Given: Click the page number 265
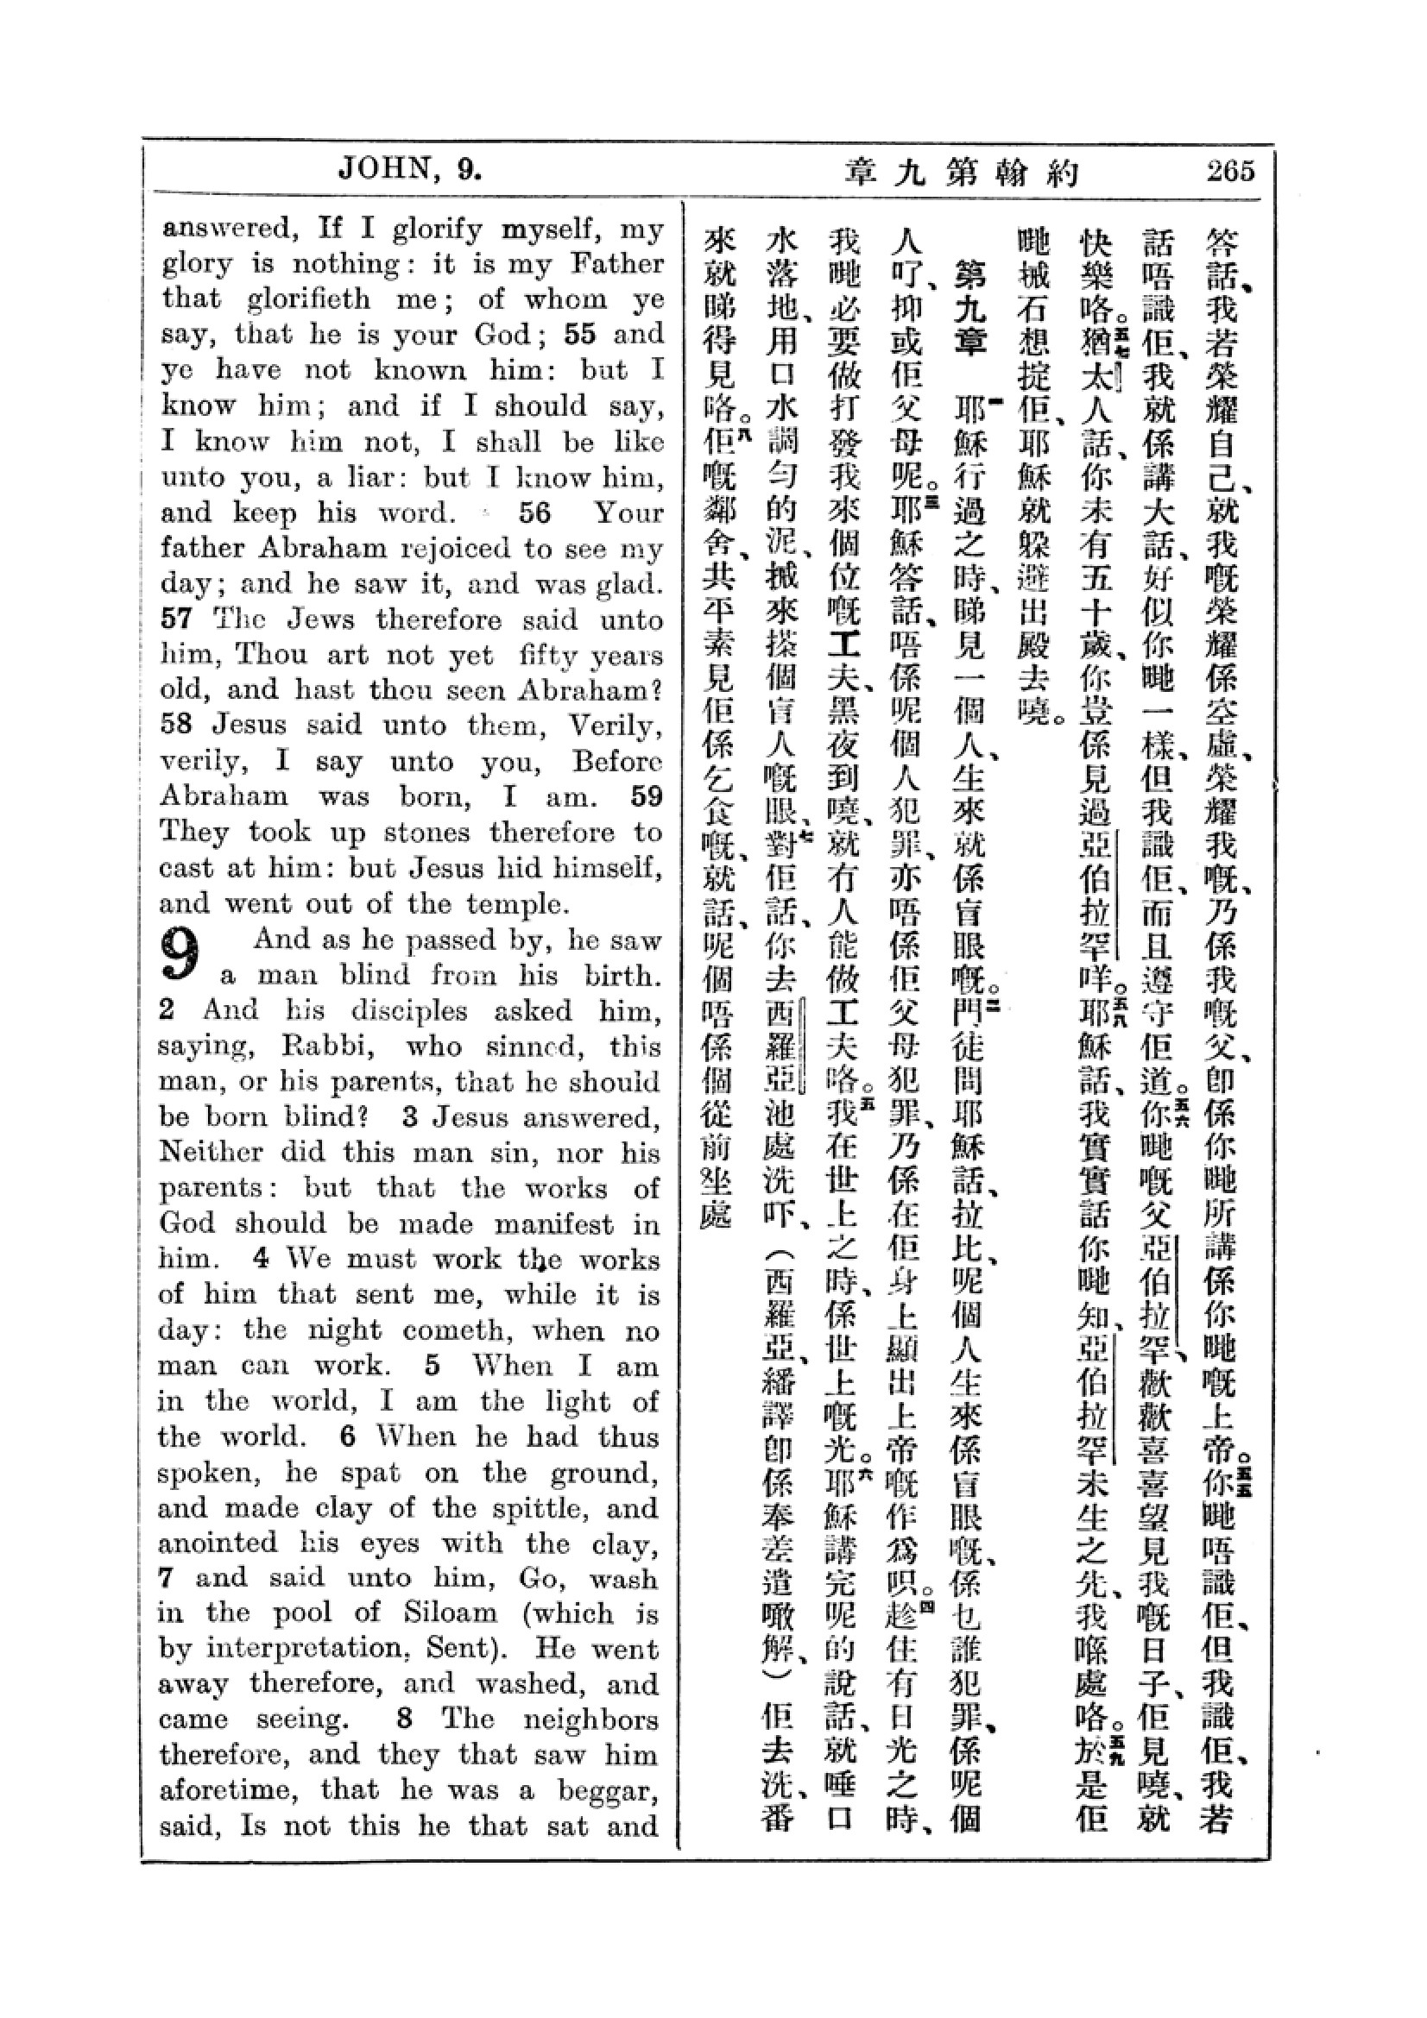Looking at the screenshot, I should pyautogui.click(x=1230, y=170).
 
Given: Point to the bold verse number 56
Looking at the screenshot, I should pyautogui.click(x=534, y=512).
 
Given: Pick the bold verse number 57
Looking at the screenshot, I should pyautogui.click(x=177, y=619).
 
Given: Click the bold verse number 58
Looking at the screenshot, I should pyautogui.click(x=177, y=725).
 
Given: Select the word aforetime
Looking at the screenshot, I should pyautogui.click(x=229, y=1789).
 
